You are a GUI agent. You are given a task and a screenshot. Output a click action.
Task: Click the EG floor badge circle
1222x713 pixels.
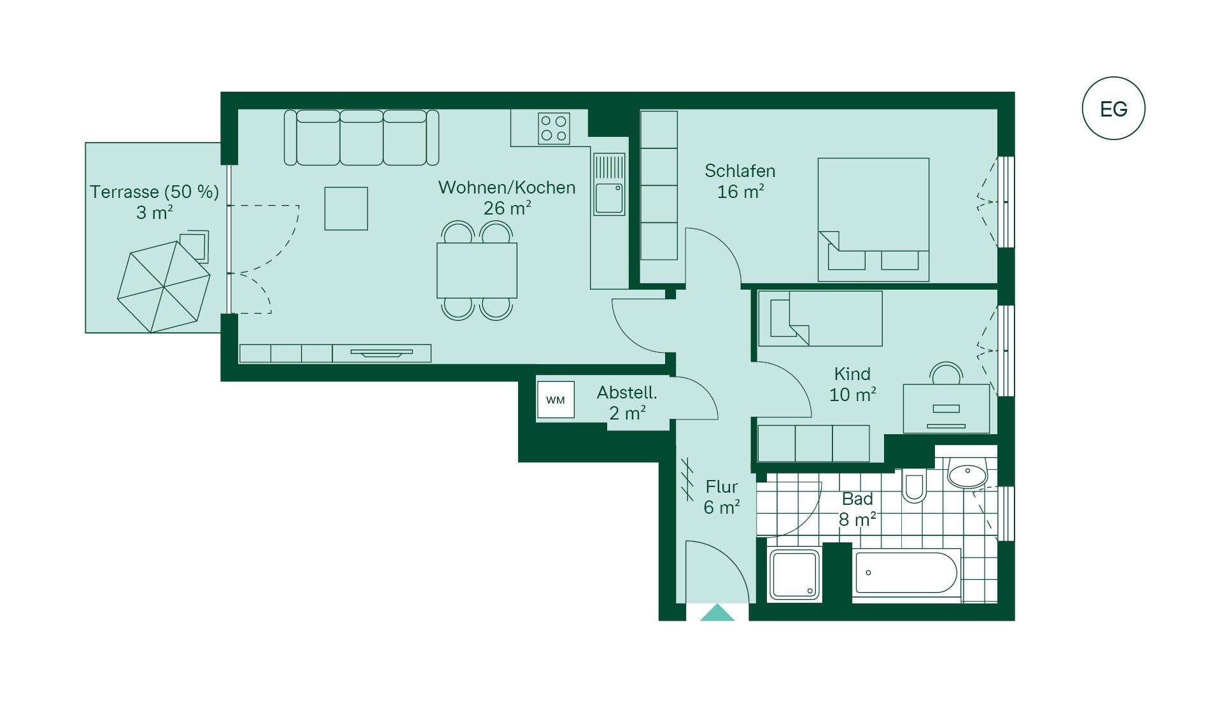pyautogui.click(x=1113, y=78)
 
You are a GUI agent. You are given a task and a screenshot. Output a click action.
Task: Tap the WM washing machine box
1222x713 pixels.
pyautogui.click(x=556, y=400)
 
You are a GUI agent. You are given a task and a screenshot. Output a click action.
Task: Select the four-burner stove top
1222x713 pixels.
pyautogui.click(x=554, y=129)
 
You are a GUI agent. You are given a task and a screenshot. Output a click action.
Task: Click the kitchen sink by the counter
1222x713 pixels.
pyautogui.click(x=609, y=185)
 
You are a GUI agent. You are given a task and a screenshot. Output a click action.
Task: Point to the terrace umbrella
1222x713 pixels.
pyautogui.click(x=164, y=286)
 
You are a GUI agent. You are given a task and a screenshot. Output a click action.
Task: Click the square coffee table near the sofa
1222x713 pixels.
pyautogui.click(x=346, y=208)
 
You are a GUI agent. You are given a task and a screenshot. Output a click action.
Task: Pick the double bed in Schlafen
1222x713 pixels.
pyautogui.click(x=873, y=220)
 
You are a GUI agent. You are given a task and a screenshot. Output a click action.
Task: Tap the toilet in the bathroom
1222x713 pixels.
pyautogui.click(x=914, y=488)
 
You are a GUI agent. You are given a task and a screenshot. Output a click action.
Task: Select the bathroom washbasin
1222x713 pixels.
pyautogui.click(x=967, y=473)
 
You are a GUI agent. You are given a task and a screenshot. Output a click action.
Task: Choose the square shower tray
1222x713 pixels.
pyautogui.click(x=794, y=575)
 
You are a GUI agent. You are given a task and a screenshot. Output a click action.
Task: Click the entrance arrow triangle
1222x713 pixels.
pyautogui.click(x=717, y=612)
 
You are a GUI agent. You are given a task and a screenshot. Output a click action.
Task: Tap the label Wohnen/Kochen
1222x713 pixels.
pyautogui.click(x=507, y=188)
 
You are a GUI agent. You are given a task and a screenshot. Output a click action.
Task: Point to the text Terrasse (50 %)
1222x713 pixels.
pyautogui.click(x=154, y=192)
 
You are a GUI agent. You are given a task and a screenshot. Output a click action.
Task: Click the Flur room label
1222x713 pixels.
pyautogui.click(x=722, y=487)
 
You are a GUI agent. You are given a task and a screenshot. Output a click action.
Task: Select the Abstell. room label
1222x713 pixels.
pyautogui.click(x=627, y=393)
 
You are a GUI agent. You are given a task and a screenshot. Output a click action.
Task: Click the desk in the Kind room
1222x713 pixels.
pyautogui.click(x=946, y=409)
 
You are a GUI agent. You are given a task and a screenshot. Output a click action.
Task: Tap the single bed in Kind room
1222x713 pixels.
pyautogui.click(x=820, y=318)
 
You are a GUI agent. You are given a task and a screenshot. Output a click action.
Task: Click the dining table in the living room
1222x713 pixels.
pyautogui.click(x=477, y=271)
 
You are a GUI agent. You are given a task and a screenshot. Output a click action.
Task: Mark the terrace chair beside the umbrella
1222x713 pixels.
pyautogui.click(x=195, y=246)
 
